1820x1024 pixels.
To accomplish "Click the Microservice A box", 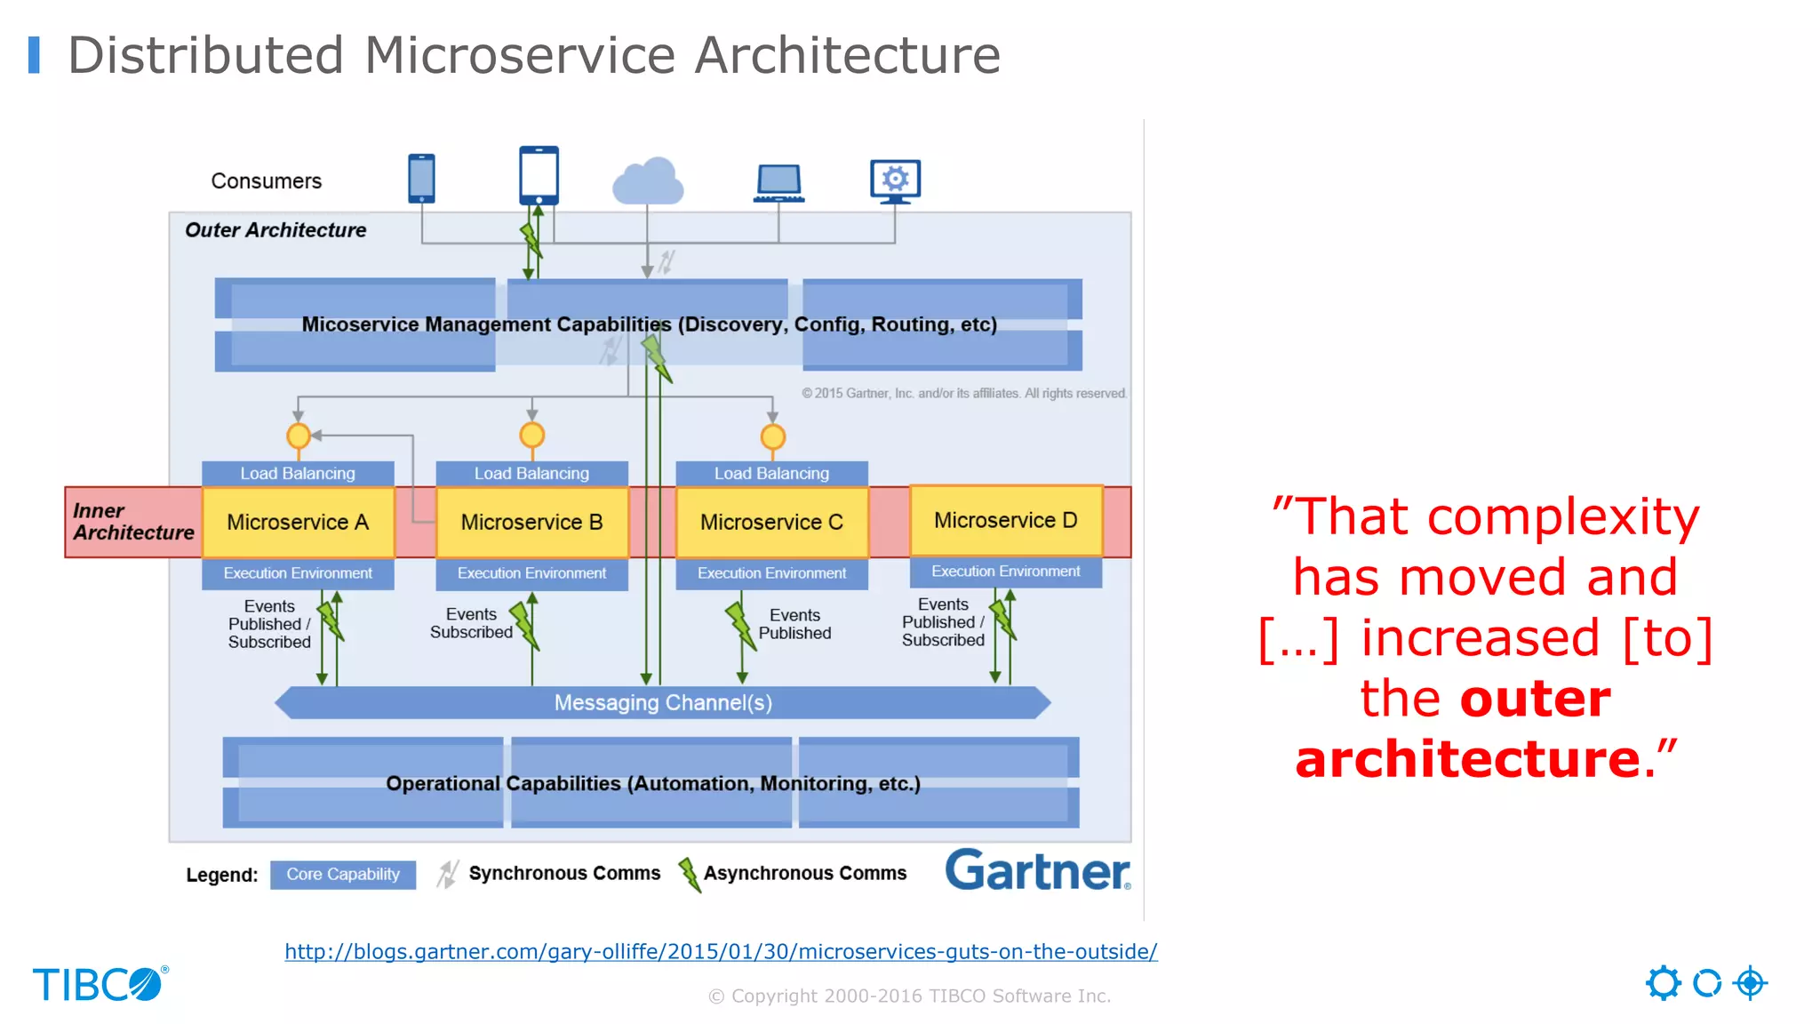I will click(298, 522).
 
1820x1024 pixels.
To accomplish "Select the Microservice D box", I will click(1005, 520).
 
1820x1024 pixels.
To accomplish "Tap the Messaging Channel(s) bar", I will click(663, 702).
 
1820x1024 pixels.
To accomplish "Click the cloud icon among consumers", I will click(648, 181).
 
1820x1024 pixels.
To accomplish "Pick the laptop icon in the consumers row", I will click(778, 183).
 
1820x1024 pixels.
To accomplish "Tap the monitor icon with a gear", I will click(895, 180).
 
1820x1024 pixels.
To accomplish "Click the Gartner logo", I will click(1037, 870).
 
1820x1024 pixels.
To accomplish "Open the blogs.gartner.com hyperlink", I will click(721, 951).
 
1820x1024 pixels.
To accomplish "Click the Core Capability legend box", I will click(343, 874).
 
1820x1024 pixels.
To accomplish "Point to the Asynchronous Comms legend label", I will click(805, 873).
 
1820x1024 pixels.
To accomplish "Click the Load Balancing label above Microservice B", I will click(531, 473).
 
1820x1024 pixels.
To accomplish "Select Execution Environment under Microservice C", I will click(771, 573).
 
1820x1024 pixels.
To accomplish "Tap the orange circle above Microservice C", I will click(773, 436).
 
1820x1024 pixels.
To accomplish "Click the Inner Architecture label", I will click(133, 522).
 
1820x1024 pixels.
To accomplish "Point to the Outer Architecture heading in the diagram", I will click(275, 230).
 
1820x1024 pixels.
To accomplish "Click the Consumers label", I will click(267, 181).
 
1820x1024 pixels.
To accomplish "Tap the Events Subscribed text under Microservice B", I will click(471, 623).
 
